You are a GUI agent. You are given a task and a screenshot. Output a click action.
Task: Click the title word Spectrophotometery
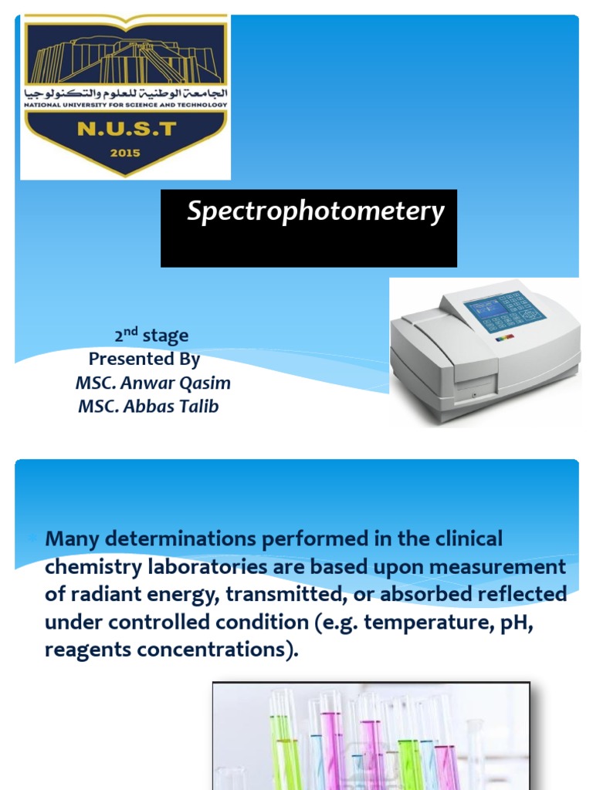click(x=316, y=211)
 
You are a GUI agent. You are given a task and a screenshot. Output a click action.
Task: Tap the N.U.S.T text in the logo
click(x=127, y=129)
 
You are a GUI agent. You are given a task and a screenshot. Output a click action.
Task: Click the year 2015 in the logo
click(x=125, y=153)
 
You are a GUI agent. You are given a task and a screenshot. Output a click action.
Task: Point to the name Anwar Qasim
click(x=175, y=383)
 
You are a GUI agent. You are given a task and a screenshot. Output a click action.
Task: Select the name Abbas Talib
click(x=171, y=406)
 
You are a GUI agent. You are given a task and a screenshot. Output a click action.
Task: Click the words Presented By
click(x=144, y=359)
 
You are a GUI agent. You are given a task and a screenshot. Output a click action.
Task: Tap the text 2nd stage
click(x=151, y=335)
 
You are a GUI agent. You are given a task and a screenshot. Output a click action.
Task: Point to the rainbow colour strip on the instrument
click(x=505, y=338)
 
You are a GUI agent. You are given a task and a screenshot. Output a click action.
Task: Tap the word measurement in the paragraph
click(x=497, y=567)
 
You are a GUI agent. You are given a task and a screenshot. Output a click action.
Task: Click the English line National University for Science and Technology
click(x=126, y=105)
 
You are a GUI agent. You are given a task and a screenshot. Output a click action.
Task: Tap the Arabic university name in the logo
click(x=126, y=93)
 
